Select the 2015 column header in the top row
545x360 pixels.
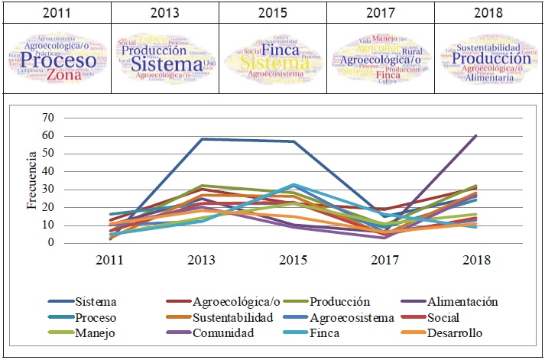(272, 13)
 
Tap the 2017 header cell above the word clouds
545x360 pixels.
(381, 13)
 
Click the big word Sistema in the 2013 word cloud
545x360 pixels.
(166, 64)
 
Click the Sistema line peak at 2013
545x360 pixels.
(201, 139)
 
